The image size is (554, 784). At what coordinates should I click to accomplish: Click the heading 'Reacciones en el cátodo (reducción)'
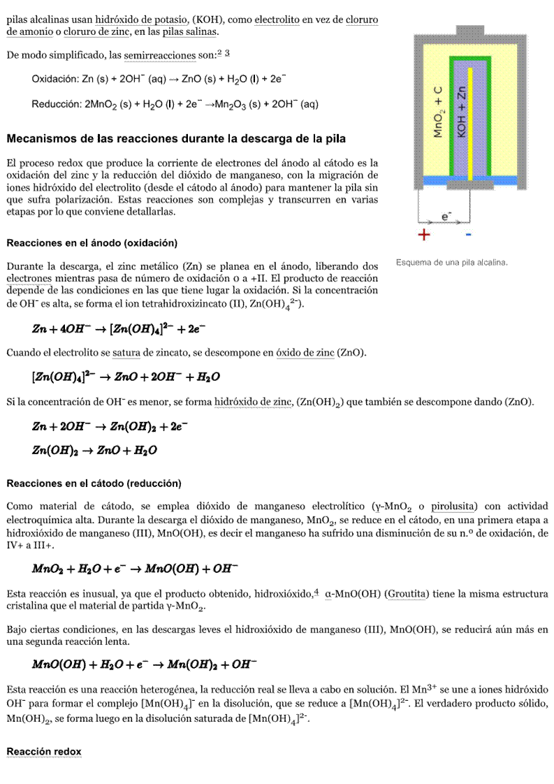tap(93, 483)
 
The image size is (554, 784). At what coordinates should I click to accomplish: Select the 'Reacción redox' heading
tap(43, 751)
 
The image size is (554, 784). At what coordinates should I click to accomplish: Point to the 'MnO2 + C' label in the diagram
tap(438, 112)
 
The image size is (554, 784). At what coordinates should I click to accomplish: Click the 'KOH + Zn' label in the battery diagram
tap(461, 112)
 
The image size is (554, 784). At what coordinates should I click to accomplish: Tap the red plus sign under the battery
tap(423, 235)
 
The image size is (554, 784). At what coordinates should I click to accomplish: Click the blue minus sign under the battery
tap(468, 235)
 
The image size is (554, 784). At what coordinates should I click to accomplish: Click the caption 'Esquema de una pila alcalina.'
tap(451, 262)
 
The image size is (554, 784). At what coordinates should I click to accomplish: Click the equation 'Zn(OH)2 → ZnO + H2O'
tap(94, 451)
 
